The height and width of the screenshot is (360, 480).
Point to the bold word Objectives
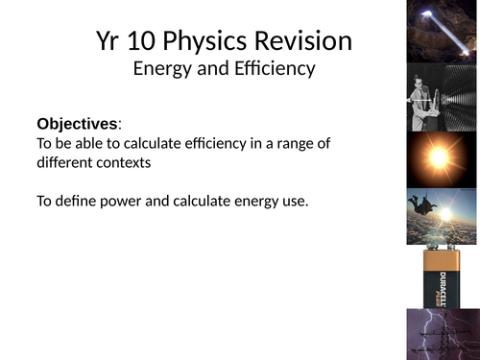(x=77, y=125)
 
